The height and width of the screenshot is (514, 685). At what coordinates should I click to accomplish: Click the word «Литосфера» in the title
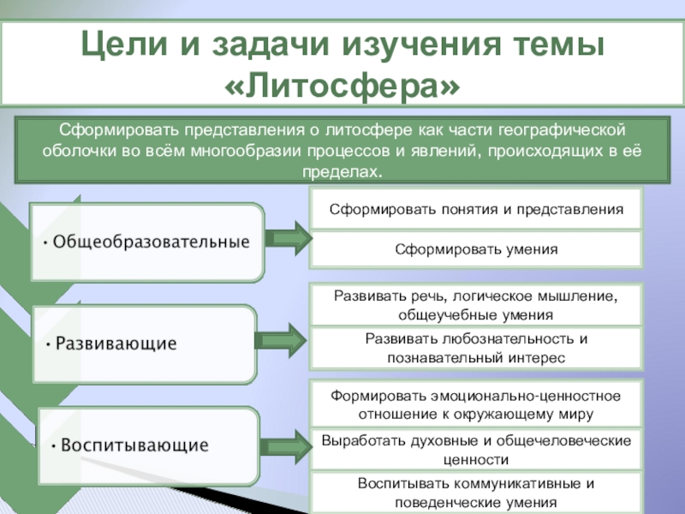tap(342, 83)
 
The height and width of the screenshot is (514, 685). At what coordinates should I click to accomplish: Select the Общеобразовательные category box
tap(147, 242)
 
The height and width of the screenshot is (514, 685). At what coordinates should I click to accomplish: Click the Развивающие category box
tap(144, 344)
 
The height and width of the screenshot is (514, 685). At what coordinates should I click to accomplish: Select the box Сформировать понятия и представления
tap(475, 209)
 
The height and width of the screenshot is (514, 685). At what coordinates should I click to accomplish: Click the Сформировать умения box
tap(475, 249)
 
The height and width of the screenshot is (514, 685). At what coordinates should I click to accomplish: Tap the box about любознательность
tap(475, 348)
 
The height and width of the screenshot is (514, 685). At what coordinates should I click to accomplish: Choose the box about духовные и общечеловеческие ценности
tap(475, 449)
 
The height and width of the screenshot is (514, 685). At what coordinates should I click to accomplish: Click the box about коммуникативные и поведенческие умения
tap(475, 493)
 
